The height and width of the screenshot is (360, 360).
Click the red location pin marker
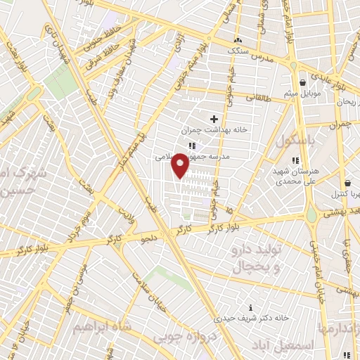181,165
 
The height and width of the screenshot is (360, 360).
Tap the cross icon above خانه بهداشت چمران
214,120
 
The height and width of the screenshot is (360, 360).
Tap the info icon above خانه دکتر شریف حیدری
251,307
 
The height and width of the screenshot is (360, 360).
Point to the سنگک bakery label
236,51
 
